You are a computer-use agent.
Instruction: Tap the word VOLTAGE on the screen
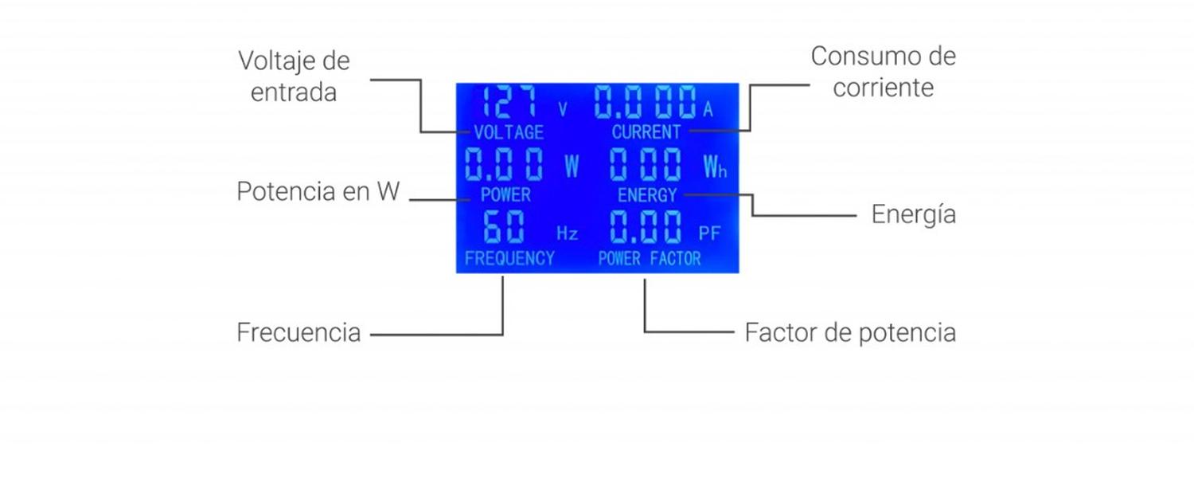[x=509, y=132]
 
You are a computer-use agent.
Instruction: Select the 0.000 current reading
[x=645, y=103]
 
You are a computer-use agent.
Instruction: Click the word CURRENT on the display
[x=646, y=132]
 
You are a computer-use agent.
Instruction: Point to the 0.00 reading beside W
[x=505, y=165]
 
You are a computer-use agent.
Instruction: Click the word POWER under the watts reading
[x=505, y=194]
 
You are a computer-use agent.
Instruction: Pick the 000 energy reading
[x=646, y=165]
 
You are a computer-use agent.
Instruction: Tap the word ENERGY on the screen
[x=647, y=195]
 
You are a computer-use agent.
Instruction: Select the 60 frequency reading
[x=505, y=229]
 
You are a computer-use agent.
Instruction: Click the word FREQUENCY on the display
[x=509, y=258]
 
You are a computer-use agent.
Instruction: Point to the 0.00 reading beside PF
[x=646, y=229]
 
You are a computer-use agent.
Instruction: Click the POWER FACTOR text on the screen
[x=650, y=258]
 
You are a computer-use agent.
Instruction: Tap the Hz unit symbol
[x=567, y=233]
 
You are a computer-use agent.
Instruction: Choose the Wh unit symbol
[x=715, y=167]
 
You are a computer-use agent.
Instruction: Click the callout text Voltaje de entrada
[x=294, y=76]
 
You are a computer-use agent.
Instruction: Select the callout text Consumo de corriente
[x=883, y=72]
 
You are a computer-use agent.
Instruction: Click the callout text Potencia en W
[x=318, y=192]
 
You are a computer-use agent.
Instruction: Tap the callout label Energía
[x=913, y=214]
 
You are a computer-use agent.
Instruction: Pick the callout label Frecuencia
[x=298, y=332]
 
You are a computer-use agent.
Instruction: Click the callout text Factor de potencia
[x=850, y=332]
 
